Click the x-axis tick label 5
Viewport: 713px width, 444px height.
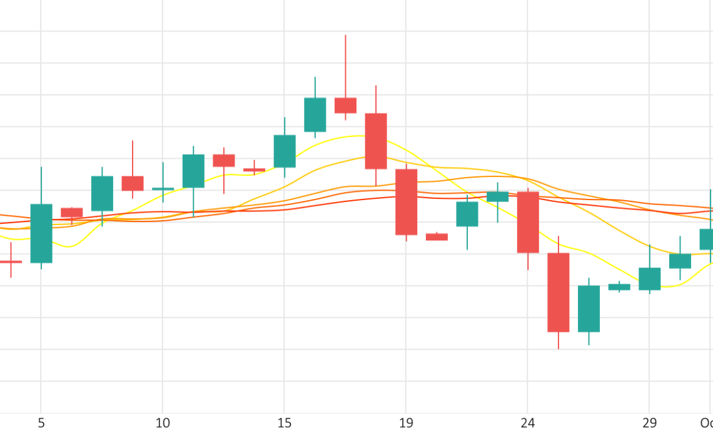pyautogui.click(x=41, y=423)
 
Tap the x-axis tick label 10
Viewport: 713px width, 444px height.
pyautogui.click(x=163, y=423)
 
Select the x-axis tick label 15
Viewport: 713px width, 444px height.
pyautogui.click(x=285, y=423)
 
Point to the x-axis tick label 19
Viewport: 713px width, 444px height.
pyautogui.click(x=406, y=423)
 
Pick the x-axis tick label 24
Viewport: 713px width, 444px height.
pyautogui.click(x=528, y=423)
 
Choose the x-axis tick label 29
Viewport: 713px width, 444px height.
pyautogui.click(x=649, y=423)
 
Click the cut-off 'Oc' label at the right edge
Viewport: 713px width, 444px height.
pyautogui.click(x=706, y=423)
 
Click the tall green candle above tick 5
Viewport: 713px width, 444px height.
pyautogui.click(x=41, y=233)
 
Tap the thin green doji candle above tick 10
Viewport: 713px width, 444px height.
pyautogui.click(x=163, y=188)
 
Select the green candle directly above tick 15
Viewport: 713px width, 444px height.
pyautogui.click(x=285, y=151)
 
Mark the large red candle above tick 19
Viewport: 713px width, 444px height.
pyautogui.click(x=406, y=202)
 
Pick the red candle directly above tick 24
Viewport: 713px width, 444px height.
pyautogui.click(x=528, y=222)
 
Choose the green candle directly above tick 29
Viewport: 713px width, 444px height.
pyautogui.click(x=649, y=279)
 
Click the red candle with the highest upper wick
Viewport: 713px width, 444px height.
pyautogui.click(x=345, y=105)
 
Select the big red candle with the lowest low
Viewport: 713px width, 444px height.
pyautogui.click(x=559, y=292)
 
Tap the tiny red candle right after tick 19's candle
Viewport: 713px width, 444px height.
pyautogui.click(x=437, y=237)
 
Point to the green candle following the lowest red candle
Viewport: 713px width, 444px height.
pyautogui.click(x=589, y=308)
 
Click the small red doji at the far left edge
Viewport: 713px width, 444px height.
pyautogui.click(x=11, y=261)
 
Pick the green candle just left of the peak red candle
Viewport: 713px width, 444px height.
pyautogui.click(x=315, y=114)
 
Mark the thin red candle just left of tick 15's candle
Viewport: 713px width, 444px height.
pyautogui.click(x=254, y=169)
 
